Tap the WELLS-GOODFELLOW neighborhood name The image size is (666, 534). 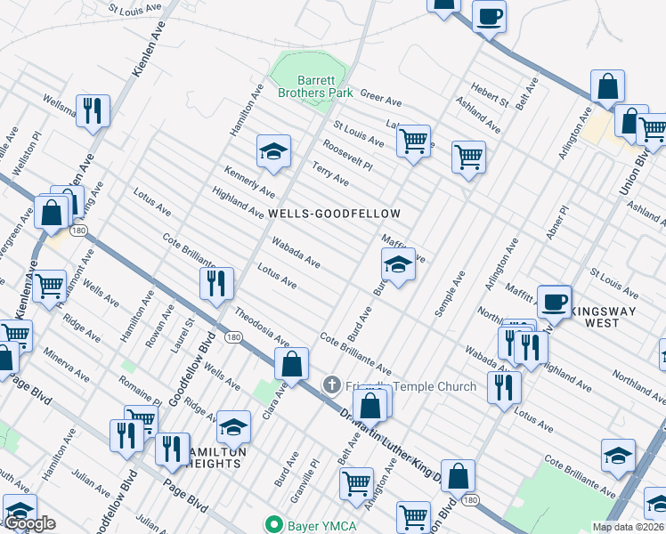(335, 214)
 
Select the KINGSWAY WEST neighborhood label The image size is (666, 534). (615, 319)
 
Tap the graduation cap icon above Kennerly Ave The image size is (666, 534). (274, 150)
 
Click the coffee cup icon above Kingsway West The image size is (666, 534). (554, 301)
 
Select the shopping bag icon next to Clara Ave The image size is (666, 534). (291, 362)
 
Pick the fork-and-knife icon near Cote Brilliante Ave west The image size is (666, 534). (216, 283)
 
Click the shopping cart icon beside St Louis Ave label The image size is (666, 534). (412, 139)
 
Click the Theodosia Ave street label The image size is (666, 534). (262, 327)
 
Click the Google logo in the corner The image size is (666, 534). (30, 523)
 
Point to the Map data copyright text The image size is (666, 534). (629, 527)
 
